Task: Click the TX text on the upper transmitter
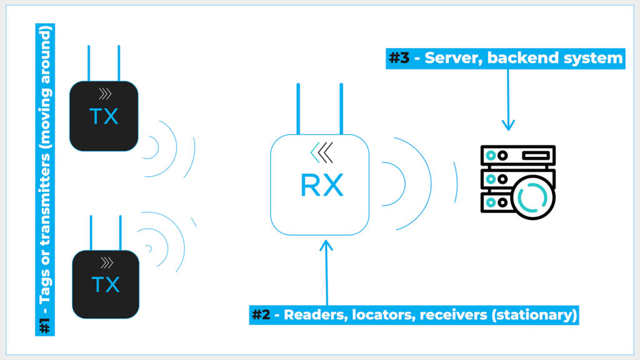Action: [104, 117]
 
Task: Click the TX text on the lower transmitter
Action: [105, 285]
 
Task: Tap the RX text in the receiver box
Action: [322, 186]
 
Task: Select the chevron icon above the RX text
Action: [322, 151]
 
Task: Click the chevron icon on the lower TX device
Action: [106, 262]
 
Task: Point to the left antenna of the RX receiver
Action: [298, 108]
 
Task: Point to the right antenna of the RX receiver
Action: [341, 108]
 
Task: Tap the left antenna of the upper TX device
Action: [89, 62]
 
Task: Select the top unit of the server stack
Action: [517, 154]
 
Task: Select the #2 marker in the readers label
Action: [262, 314]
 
